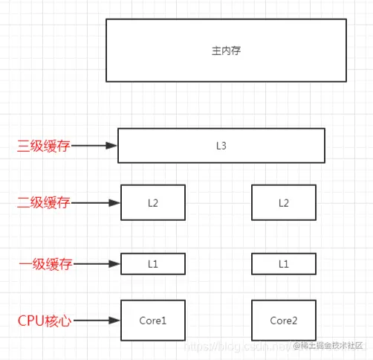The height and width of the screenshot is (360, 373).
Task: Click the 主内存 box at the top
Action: point(226,50)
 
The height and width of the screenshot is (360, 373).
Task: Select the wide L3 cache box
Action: point(221,145)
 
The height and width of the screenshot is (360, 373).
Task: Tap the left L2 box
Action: point(153,202)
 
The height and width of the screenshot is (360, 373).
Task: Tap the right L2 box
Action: point(283,202)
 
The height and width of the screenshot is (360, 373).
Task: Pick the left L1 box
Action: point(153,263)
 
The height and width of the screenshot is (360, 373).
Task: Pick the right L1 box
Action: point(283,263)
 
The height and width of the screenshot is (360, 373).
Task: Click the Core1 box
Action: point(153,321)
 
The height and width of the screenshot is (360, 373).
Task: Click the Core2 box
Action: point(283,321)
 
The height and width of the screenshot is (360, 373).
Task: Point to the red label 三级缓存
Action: point(44,147)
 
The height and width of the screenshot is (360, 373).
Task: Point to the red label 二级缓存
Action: point(44,202)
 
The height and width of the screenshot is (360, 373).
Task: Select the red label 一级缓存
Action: point(44,263)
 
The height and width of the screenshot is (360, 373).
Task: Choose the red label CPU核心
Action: point(44,321)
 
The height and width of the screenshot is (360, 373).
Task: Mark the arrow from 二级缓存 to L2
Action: point(97,202)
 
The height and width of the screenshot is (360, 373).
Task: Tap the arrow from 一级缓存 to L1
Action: point(97,263)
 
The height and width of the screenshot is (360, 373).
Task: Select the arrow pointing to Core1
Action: point(97,321)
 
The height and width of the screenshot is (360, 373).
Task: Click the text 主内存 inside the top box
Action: point(227,51)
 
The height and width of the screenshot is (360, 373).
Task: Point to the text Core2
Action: point(283,321)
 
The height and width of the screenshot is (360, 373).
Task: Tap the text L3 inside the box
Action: point(221,145)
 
